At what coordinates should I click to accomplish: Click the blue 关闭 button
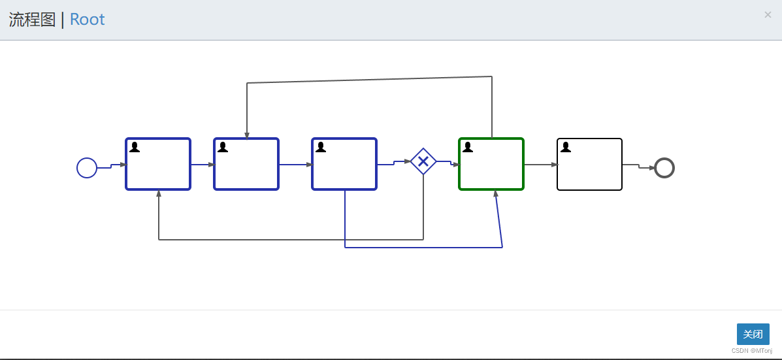click(753, 334)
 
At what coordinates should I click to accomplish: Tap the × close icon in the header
click(768, 15)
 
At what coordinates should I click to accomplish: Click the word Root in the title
click(87, 20)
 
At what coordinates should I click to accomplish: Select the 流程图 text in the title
click(32, 20)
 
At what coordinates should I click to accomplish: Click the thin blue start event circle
click(87, 168)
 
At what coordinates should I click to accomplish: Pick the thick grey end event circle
click(664, 168)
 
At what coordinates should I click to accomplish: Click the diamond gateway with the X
click(423, 161)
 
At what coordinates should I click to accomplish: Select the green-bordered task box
click(491, 164)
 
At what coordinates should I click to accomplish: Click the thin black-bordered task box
click(589, 164)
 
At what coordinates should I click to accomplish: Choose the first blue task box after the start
click(158, 164)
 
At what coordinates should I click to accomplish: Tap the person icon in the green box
click(468, 147)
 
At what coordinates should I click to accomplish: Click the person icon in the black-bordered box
click(566, 147)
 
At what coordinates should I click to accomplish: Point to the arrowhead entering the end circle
click(652, 168)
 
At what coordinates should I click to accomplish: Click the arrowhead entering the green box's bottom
click(496, 193)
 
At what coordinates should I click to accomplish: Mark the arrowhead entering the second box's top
click(247, 135)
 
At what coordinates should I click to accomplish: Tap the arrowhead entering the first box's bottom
click(159, 193)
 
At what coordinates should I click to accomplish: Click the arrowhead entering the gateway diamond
click(408, 161)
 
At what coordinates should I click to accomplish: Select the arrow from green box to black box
click(540, 165)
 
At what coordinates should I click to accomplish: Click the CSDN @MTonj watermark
click(751, 351)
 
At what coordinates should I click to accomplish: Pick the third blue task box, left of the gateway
click(344, 164)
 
